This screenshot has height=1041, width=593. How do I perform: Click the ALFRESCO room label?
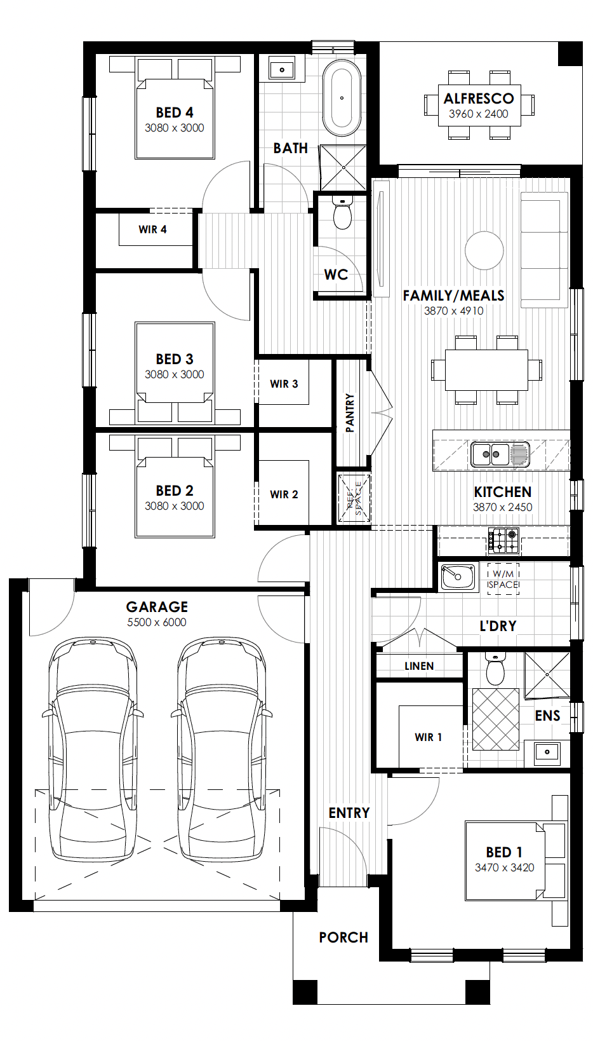pyautogui.click(x=479, y=99)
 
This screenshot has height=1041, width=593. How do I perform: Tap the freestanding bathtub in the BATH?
pyautogui.click(x=342, y=99)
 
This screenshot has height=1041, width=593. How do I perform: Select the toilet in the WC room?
pyautogui.click(x=343, y=213)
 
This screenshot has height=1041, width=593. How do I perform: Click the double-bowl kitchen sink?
pyautogui.click(x=500, y=454)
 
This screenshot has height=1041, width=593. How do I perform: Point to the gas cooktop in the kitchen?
pyautogui.click(x=503, y=540)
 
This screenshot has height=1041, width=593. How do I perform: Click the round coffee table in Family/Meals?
pyautogui.click(x=484, y=250)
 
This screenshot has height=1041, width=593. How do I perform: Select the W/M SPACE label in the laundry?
pyautogui.click(x=503, y=580)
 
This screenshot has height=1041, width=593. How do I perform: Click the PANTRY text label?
pyautogui.click(x=350, y=413)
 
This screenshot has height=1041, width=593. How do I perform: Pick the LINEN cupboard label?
pyautogui.click(x=419, y=666)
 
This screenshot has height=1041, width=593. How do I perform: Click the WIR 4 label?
pyautogui.click(x=152, y=229)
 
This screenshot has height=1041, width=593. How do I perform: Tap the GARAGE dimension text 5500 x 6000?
pyautogui.click(x=157, y=622)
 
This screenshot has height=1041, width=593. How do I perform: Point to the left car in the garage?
pyautogui.click(x=93, y=751)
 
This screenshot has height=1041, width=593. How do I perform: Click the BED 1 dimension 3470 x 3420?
pyautogui.click(x=504, y=867)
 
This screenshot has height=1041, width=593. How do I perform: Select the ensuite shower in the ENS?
pyautogui.click(x=547, y=675)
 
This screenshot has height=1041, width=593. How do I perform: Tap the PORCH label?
pyautogui.click(x=343, y=937)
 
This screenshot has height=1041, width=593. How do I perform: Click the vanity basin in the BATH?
pyautogui.click(x=282, y=70)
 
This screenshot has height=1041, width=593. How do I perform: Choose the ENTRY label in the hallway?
pyautogui.click(x=349, y=813)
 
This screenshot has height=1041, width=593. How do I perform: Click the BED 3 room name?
pyautogui.click(x=175, y=359)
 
